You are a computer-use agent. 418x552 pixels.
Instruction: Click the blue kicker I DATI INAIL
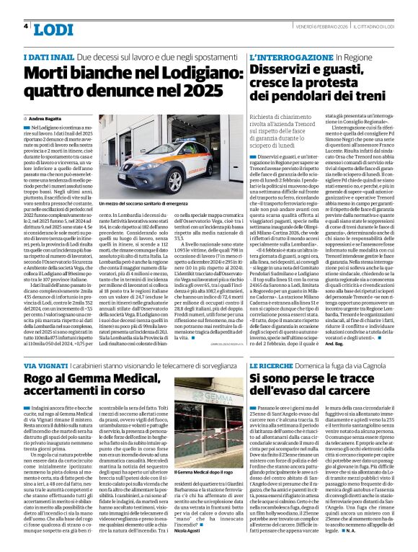[48, 56]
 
